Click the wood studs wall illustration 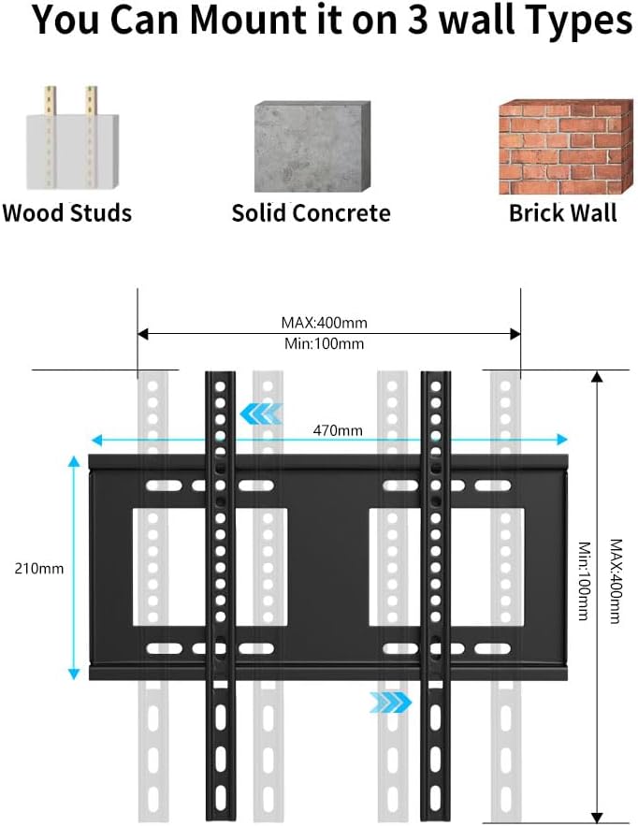[x=72, y=138]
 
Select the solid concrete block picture [x=312, y=147]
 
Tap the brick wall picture [x=565, y=147]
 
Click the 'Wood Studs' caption [x=67, y=213]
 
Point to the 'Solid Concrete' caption [x=311, y=213]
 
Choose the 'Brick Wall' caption [x=562, y=213]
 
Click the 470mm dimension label [x=338, y=430]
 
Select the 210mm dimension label [x=39, y=569]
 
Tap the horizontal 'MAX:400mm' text [x=324, y=323]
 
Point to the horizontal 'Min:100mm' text [x=324, y=344]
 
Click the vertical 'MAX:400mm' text [x=616, y=581]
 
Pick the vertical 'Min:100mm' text [x=585, y=581]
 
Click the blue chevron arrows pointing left [x=261, y=414]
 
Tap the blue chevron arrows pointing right [x=390, y=703]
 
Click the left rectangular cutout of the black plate [x=210, y=567]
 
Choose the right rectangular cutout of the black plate [x=447, y=567]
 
